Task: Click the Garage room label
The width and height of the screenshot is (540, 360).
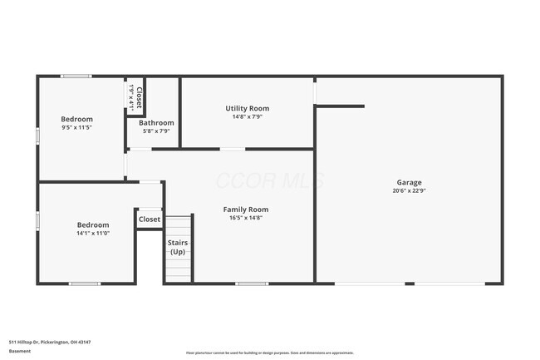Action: [x=409, y=182]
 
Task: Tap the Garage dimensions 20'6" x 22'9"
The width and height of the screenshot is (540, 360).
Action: [x=409, y=190]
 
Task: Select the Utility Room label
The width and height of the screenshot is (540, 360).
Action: [x=247, y=108]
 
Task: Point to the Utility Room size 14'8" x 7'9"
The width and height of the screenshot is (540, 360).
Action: [x=247, y=116]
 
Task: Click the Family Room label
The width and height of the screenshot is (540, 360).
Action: [x=246, y=210]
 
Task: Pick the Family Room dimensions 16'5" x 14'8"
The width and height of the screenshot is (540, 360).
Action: [x=246, y=218]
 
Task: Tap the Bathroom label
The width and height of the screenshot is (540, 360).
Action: [x=156, y=123]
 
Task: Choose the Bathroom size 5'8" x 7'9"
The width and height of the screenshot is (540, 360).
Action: [x=156, y=131]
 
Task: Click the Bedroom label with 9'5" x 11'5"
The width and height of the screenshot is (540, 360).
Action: [x=77, y=119]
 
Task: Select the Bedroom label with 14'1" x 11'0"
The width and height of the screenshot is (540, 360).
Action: [x=93, y=224]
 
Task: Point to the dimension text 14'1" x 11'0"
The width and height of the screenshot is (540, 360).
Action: [x=93, y=234]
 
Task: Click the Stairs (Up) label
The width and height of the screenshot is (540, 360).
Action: [x=178, y=247]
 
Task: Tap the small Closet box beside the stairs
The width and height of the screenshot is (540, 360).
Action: [x=149, y=219]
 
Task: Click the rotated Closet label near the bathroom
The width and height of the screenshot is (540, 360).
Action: [x=139, y=97]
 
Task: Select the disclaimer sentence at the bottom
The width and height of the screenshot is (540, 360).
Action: [x=270, y=353]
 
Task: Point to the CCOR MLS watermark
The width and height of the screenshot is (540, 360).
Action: [x=270, y=180]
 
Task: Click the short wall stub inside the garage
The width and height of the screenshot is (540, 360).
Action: [x=340, y=106]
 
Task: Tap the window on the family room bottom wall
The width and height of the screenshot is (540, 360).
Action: [x=252, y=284]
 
